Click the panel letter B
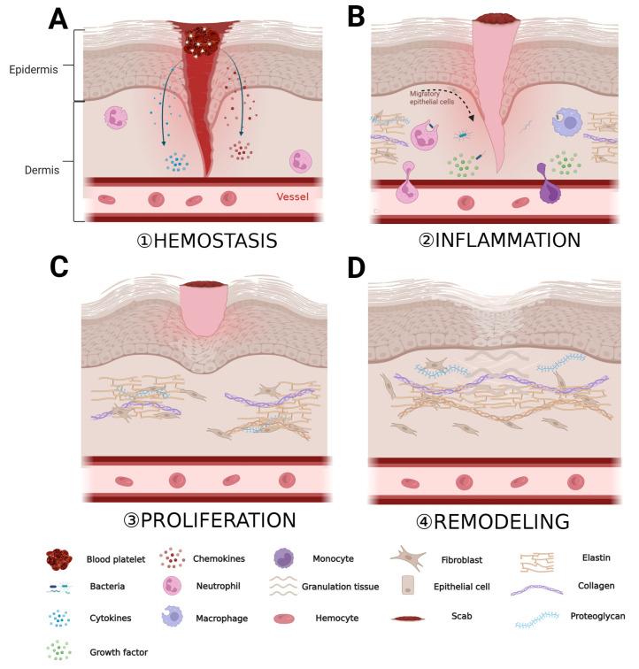[356, 16]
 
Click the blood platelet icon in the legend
[60, 558]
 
